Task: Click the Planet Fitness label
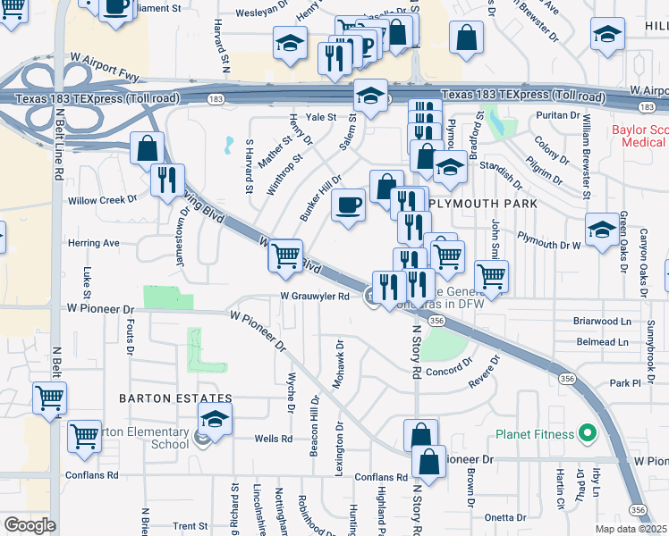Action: coord(533,435)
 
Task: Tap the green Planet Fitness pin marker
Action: coord(588,435)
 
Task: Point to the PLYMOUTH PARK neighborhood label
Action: coord(483,204)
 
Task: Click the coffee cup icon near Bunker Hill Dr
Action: coord(348,205)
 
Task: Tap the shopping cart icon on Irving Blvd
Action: coord(285,255)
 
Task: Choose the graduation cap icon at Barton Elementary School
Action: coord(216,418)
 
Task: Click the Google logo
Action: coord(30,524)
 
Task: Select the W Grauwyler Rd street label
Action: coord(314,297)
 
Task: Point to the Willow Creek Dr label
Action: coord(106,200)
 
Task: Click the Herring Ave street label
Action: coord(94,242)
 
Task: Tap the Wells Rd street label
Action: coord(274,439)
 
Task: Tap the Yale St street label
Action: coord(320,117)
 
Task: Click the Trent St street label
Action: coord(191,526)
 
